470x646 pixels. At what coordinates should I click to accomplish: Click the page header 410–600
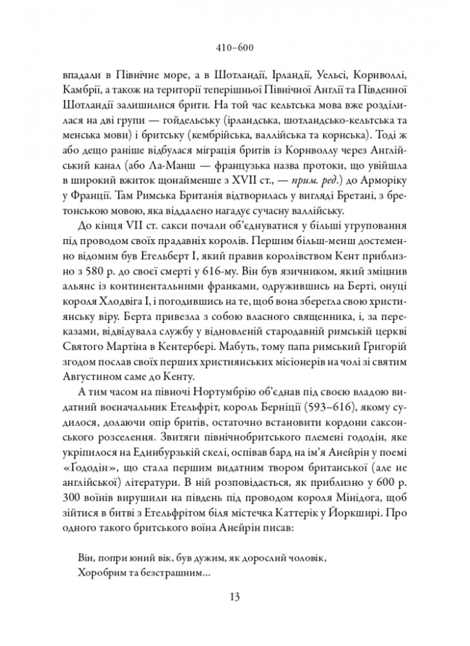coord(235,47)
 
